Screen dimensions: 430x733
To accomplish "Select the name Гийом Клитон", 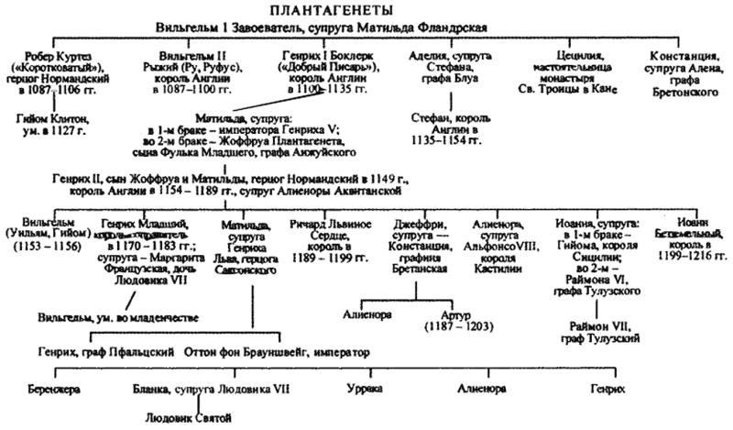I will pos(53,117).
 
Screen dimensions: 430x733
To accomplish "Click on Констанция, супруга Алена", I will pos(683,56).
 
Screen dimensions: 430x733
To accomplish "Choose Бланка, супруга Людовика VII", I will pos(188,388).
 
